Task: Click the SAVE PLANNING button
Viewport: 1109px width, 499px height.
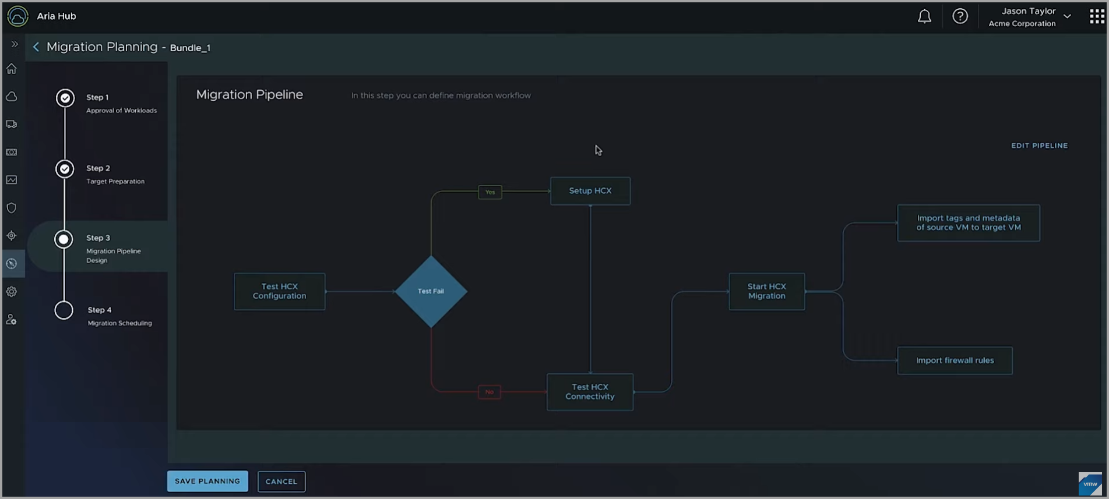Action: pyautogui.click(x=207, y=481)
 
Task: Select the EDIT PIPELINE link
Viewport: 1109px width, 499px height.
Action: pyautogui.click(x=1039, y=146)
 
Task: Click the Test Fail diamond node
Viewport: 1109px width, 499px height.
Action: pyautogui.click(x=431, y=291)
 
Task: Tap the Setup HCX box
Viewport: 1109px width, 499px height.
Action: pyautogui.click(x=590, y=191)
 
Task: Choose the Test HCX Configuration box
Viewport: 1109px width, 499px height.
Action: pyautogui.click(x=279, y=291)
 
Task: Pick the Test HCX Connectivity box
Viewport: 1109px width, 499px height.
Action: pyautogui.click(x=590, y=392)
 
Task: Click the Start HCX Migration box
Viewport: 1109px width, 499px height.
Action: pyautogui.click(x=766, y=291)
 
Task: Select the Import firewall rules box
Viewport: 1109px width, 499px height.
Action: pyautogui.click(x=955, y=360)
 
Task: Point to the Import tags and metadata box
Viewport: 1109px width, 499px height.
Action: pyautogui.click(x=968, y=223)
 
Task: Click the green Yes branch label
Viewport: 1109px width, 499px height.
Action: pyautogui.click(x=490, y=192)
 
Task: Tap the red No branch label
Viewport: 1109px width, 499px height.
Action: pyautogui.click(x=489, y=392)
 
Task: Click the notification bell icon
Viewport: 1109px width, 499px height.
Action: pyautogui.click(x=924, y=16)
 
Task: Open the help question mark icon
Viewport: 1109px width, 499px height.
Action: pyautogui.click(x=960, y=16)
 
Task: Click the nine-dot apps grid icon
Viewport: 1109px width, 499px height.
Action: pyautogui.click(x=1097, y=16)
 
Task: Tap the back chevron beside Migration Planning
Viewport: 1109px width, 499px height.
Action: pyautogui.click(x=36, y=47)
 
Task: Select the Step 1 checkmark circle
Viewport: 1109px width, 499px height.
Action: pyautogui.click(x=65, y=98)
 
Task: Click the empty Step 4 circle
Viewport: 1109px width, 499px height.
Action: pyautogui.click(x=64, y=310)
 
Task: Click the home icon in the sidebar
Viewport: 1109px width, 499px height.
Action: pyautogui.click(x=12, y=69)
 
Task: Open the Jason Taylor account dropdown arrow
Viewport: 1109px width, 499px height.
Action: pyautogui.click(x=1067, y=16)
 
